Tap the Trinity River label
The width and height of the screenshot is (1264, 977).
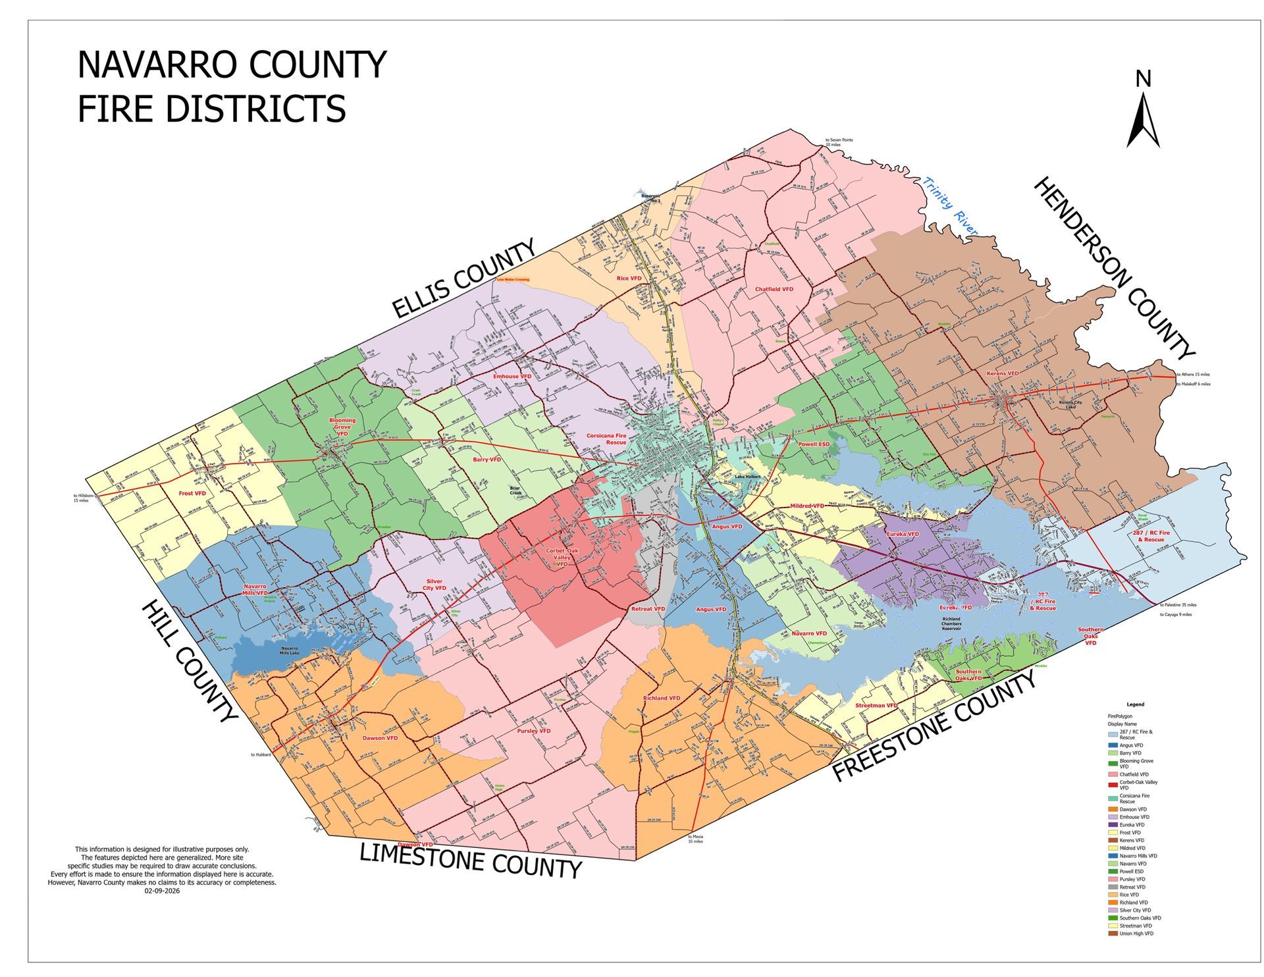[950, 205]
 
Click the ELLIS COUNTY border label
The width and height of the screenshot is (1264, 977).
[463, 280]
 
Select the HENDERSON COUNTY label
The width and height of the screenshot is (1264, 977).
[1112, 269]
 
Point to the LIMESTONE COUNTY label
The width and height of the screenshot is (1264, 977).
[470, 860]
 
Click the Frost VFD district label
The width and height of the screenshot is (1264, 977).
[192, 493]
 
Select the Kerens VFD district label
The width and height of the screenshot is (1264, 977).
[1002, 373]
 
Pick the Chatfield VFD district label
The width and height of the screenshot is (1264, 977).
[774, 289]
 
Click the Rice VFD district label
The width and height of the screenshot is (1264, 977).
[628, 278]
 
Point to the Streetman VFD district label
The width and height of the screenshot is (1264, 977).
[876, 706]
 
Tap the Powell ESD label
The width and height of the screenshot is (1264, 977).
[814, 444]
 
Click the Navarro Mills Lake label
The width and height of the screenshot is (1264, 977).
[290, 650]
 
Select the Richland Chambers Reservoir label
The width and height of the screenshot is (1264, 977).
[951, 623]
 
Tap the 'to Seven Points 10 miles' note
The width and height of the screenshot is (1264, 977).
[839, 142]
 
